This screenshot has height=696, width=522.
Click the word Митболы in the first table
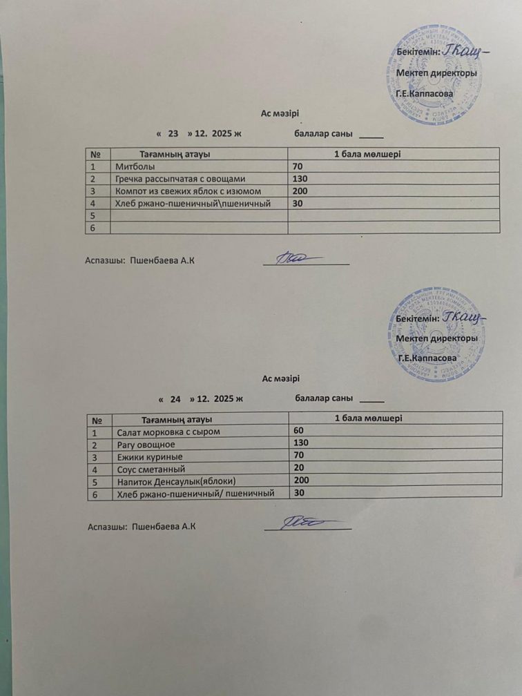(135, 166)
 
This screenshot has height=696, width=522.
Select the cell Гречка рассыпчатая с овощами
(180, 179)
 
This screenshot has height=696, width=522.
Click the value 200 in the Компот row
(300, 191)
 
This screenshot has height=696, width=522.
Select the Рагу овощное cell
(141, 444)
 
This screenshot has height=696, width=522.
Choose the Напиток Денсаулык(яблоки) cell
(177, 481)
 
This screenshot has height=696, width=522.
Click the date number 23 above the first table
(173, 133)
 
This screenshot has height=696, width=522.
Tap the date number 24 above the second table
(175, 399)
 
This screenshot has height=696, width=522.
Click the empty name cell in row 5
(199, 215)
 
